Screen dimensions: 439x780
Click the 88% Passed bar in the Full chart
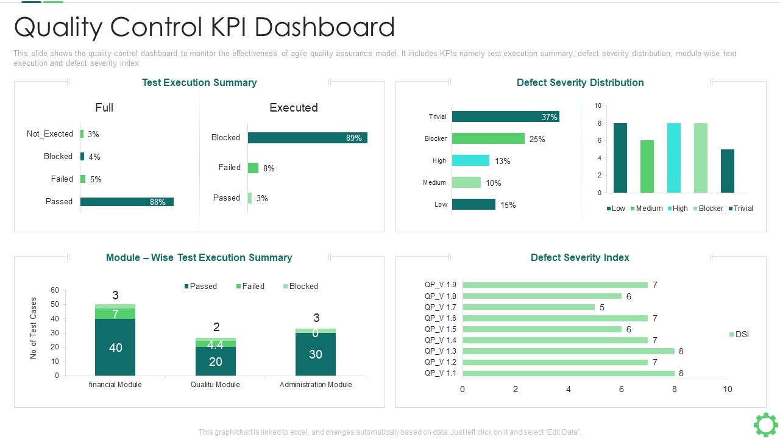click(x=127, y=202)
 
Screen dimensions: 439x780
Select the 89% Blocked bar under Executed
click(x=307, y=138)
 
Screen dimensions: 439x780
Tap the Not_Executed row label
click(x=50, y=134)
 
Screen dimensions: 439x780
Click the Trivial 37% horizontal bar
click(x=505, y=116)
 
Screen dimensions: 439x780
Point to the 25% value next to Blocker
click(x=537, y=139)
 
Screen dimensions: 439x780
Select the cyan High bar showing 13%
click(x=470, y=160)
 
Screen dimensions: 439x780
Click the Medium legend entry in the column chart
click(x=646, y=209)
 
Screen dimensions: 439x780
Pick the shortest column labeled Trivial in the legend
click(x=727, y=171)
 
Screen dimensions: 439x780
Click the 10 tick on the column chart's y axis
click(x=598, y=106)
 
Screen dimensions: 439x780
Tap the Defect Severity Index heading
click(x=580, y=257)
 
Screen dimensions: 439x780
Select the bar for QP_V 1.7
click(x=528, y=307)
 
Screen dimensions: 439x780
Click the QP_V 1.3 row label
click(x=440, y=351)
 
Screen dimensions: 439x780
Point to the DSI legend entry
click(x=739, y=334)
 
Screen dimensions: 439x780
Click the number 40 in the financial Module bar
click(x=115, y=348)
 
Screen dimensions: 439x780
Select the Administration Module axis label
click(x=316, y=385)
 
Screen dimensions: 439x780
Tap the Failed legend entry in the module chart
click(x=250, y=286)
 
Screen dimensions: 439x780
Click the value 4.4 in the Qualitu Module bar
click(x=215, y=344)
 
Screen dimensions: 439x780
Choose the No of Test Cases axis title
click(x=34, y=328)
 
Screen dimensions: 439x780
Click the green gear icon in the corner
click(x=765, y=424)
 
